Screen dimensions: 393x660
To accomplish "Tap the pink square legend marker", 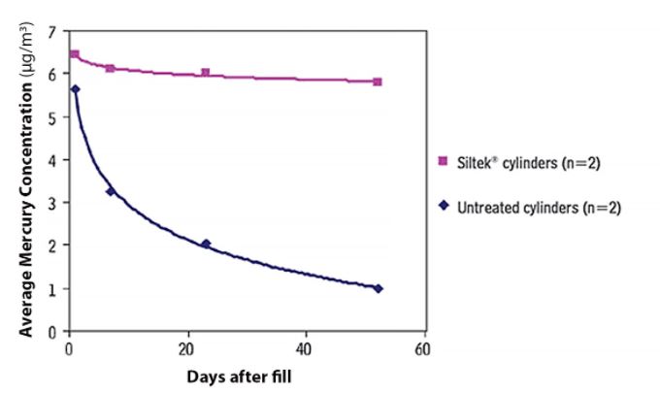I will (445, 163).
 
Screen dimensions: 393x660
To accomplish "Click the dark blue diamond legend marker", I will (445, 207).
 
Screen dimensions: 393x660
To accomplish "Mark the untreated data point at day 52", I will (378, 288).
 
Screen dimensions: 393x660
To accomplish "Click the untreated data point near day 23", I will (205, 244).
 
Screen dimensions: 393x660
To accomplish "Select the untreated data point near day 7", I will (111, 192).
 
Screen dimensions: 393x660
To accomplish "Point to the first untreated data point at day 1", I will (75, 89).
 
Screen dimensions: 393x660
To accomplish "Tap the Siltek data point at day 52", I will (378, 82).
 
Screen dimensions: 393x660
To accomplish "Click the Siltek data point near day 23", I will (205, 73).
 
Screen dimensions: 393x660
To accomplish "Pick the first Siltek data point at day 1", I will (75, 54).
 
